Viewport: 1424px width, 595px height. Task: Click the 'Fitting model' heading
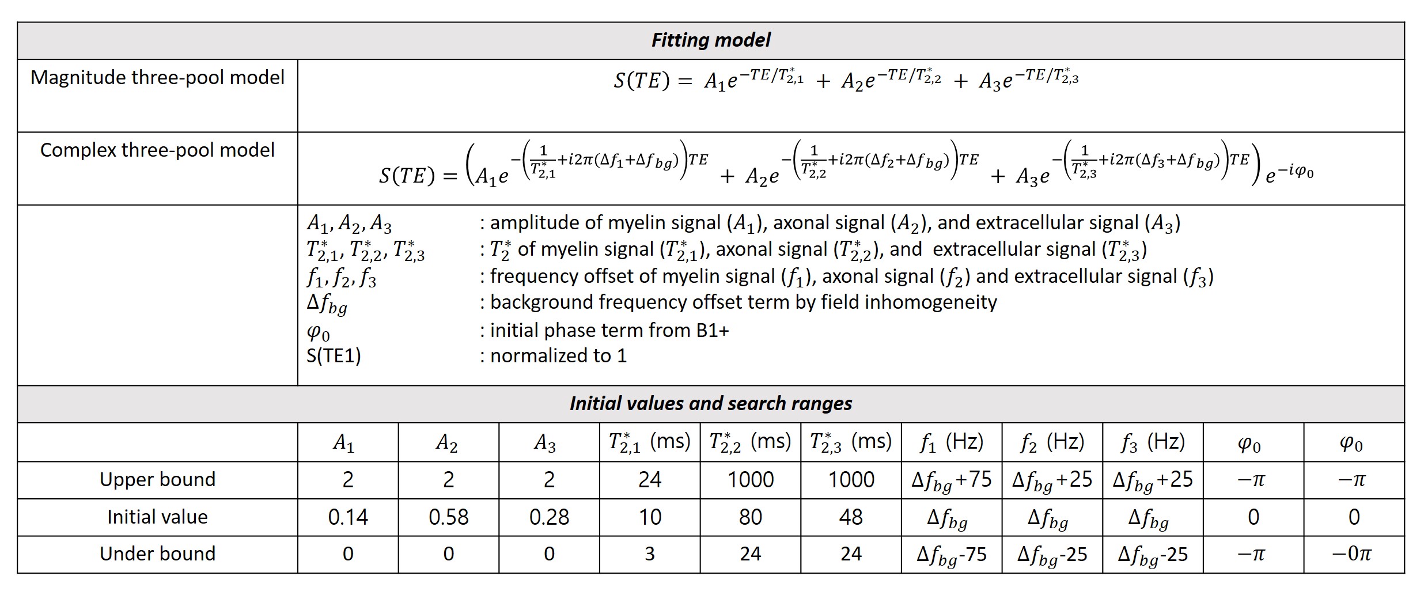point(710,40)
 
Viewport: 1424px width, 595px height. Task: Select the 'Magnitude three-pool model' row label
point(157,78)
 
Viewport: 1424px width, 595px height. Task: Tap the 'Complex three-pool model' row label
point(157,150)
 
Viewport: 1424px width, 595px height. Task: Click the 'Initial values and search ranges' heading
point(710,404)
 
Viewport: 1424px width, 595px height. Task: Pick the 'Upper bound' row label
point(157,480)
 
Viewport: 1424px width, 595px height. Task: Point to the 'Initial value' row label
point(157,517)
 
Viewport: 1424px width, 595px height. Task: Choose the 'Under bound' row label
point(157,554)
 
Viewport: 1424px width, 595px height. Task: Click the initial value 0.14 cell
point(348,517)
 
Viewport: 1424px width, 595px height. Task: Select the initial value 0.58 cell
point(448,517)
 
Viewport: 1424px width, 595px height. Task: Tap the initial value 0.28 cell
point(549,517)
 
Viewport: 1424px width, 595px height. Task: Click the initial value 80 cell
point(750,517)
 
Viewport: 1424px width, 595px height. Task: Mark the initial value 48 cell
point(851,517)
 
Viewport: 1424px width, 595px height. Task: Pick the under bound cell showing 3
point(650,554)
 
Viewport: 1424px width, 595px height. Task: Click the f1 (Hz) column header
point(951,442)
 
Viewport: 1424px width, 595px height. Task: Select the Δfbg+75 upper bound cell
point(951,480)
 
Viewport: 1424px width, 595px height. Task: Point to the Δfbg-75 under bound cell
point(951,554)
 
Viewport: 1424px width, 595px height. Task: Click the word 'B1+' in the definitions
point(714,331)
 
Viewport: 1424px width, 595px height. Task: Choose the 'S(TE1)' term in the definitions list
point(334,357)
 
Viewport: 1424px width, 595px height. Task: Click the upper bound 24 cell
point(650,480)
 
